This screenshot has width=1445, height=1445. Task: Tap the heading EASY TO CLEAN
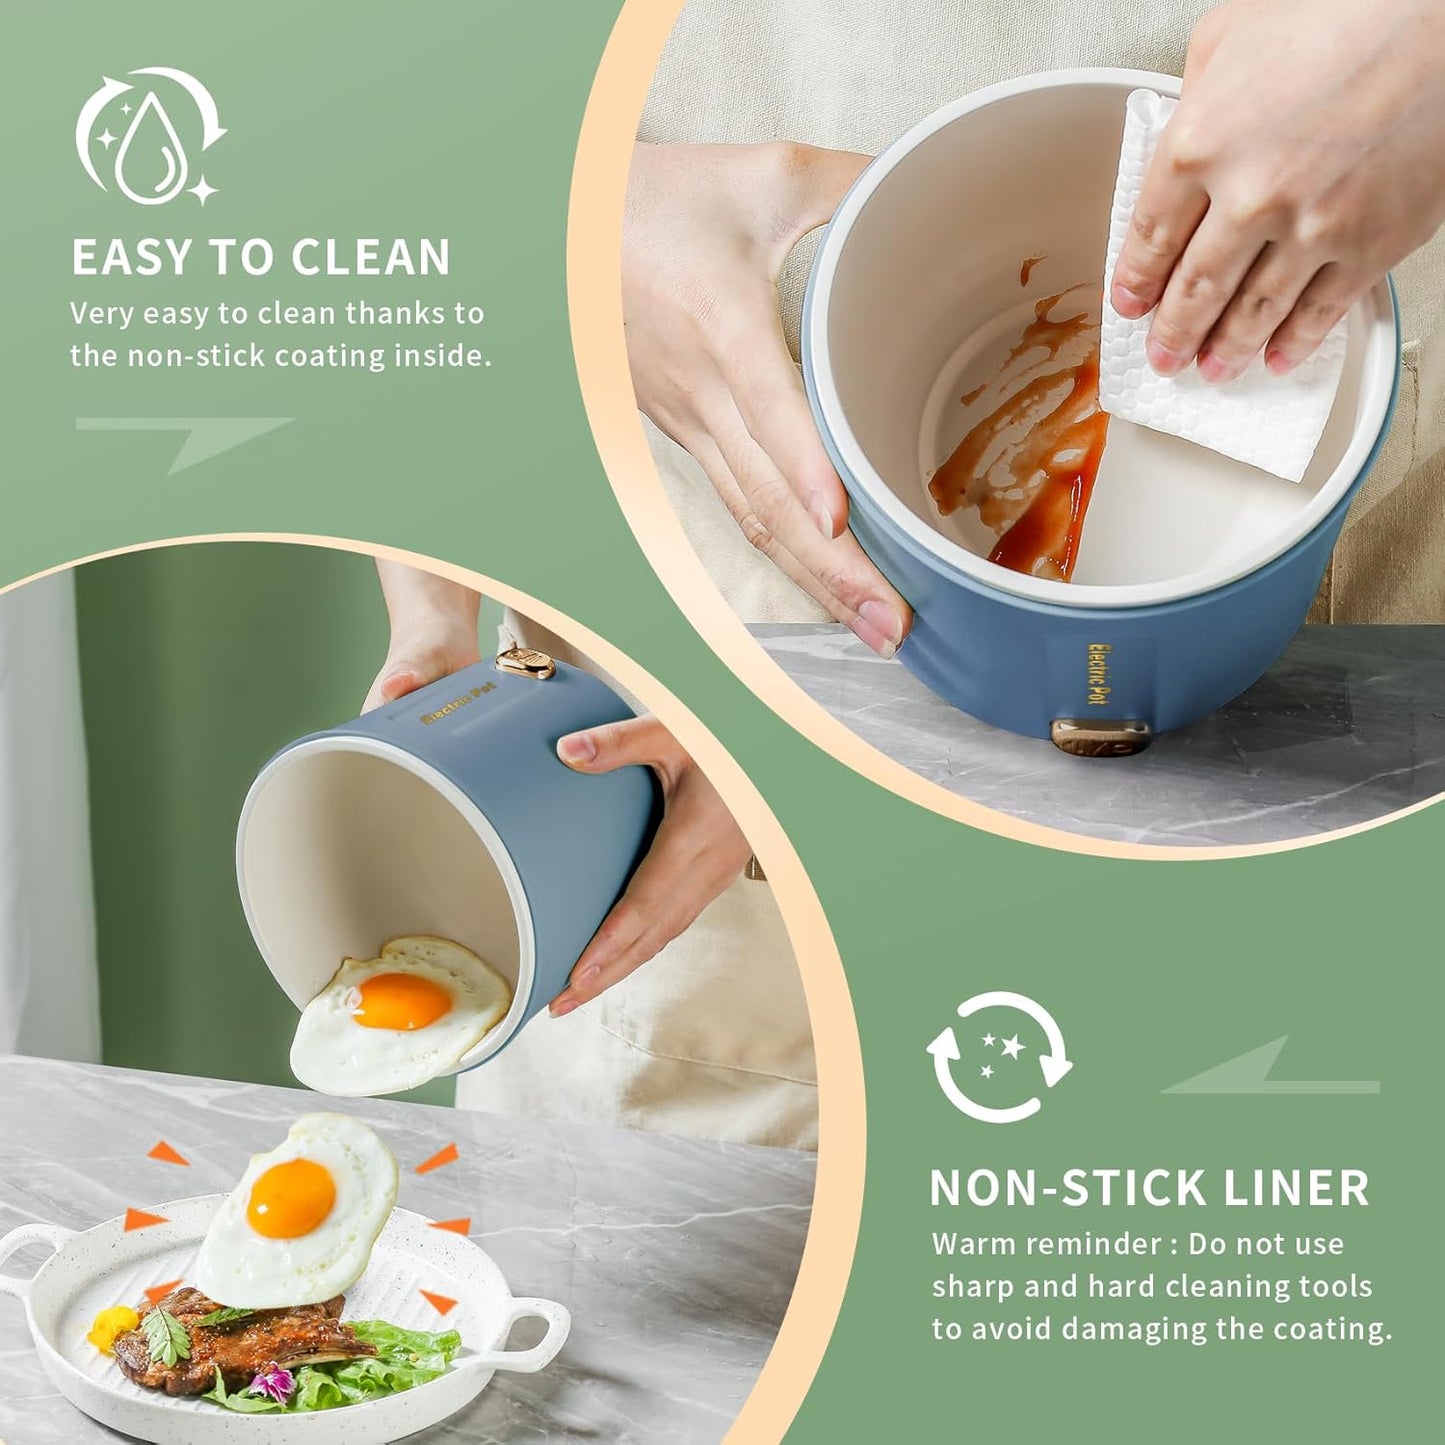(261, 258)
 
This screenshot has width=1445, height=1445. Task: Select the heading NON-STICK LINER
(1149, 1188)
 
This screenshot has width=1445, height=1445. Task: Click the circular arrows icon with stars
(999, 1057)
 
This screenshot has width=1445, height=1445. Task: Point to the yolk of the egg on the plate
(291, 1197)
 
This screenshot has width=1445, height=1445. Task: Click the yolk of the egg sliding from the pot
(402, 1001)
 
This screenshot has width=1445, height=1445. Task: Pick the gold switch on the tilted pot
(525, 663)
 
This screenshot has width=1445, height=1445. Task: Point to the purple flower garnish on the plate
(270, 1385)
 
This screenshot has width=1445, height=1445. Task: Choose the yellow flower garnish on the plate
(111, 1327)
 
